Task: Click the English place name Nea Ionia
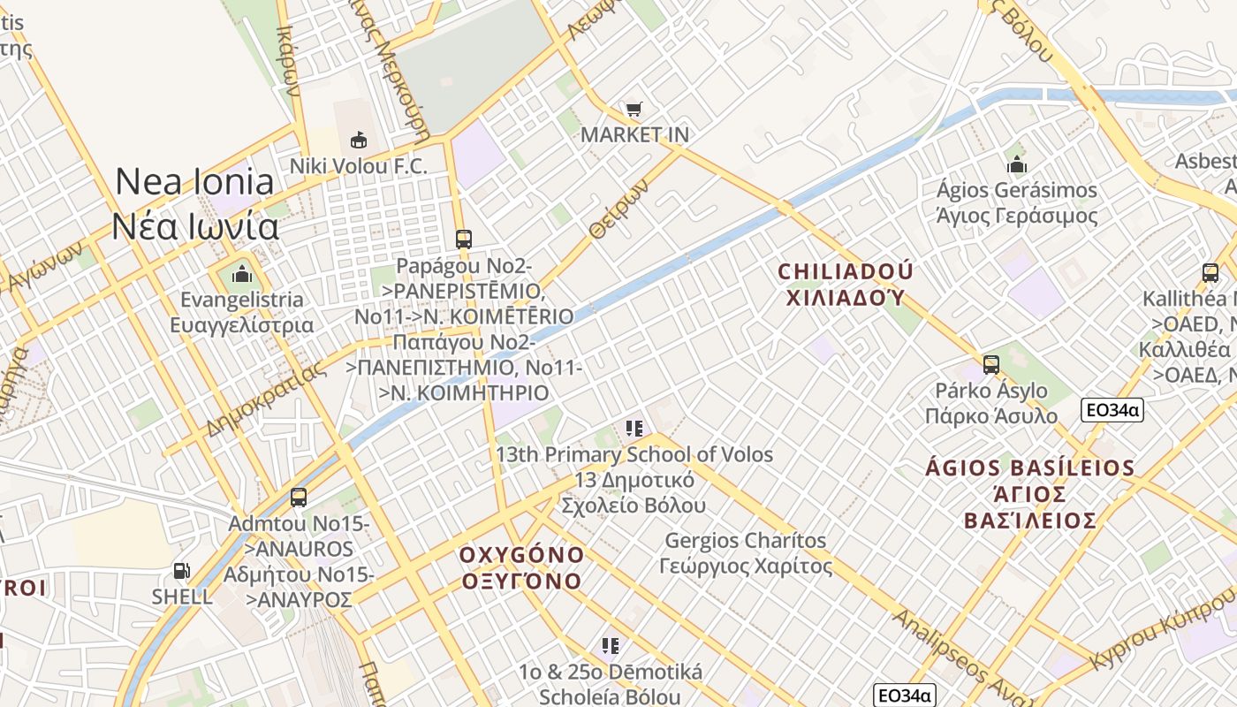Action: [194, 181]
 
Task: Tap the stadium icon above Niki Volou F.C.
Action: [359, 140]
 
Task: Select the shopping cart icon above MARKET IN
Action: [634, 110]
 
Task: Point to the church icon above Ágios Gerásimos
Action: [1017, 164]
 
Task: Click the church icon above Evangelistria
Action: [241, 275]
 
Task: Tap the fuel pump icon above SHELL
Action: [181, 571]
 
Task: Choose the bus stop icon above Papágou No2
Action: [463, 239]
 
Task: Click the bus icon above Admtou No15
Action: [299, 497]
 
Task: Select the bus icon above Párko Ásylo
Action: [990, 364]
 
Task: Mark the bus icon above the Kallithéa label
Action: [1210, 273]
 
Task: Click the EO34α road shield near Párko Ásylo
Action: [1112, 409]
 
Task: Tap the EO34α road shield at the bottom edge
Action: [904, 696]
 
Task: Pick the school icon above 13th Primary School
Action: [634, 429]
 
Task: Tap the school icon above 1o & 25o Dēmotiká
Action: [611, 646]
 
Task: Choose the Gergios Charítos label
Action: [746, 540]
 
